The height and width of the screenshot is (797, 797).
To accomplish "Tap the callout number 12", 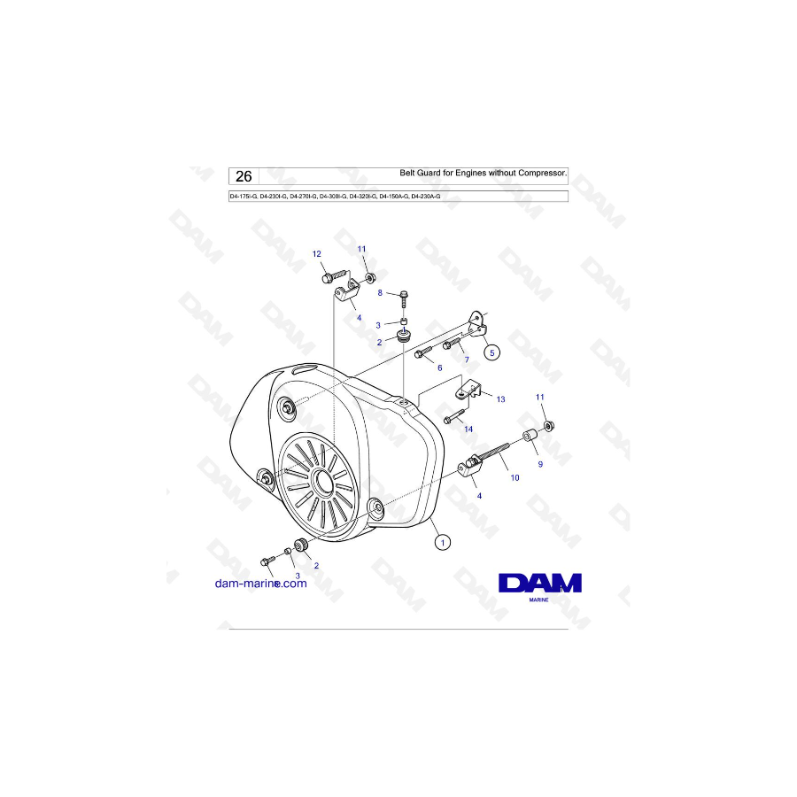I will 317,254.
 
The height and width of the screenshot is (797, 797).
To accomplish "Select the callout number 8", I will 380,291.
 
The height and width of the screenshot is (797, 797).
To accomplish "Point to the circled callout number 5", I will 492,352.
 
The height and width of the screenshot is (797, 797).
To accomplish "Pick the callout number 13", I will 500,399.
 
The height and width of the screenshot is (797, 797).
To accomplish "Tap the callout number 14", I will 469,429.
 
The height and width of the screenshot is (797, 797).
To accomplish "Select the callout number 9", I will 539,463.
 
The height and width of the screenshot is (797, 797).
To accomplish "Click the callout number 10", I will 515,477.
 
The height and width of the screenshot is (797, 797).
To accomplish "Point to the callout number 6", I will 437,367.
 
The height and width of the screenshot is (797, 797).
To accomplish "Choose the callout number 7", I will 466,360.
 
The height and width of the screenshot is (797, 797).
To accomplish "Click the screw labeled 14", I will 453,417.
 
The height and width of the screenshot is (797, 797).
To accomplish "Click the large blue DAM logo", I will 539,583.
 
